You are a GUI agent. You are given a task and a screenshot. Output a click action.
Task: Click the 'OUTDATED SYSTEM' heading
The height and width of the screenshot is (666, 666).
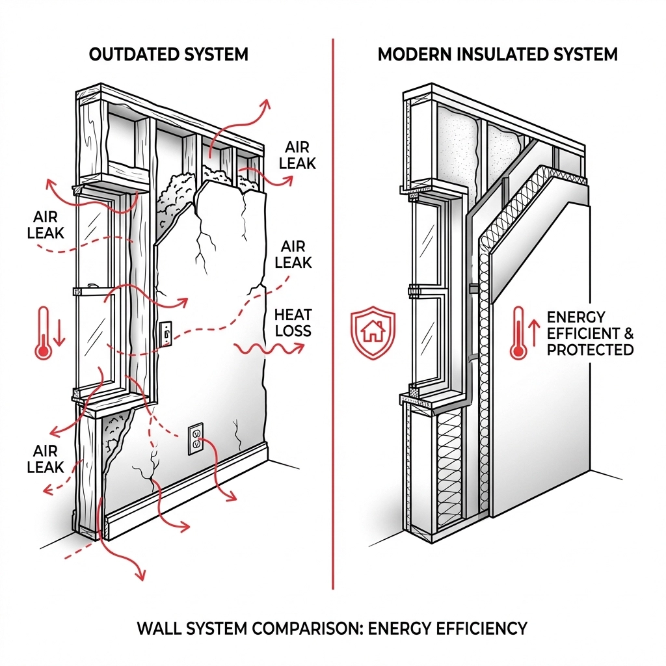pyautogui.click(x=168, y=55)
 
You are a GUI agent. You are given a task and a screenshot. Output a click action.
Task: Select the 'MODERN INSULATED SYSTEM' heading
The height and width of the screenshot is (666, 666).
pyautogui.click(x=498, y=55)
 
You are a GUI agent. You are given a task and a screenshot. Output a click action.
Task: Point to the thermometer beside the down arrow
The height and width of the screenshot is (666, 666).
pyautogui.click(x=44, y=333)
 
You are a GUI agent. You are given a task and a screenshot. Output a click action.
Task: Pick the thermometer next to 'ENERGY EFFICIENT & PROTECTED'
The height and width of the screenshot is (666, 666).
pyautogui.click(x=516, y=333)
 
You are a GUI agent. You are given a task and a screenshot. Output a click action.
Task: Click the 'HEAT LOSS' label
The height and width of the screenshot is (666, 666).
pyautogui.click(x=293, y=323)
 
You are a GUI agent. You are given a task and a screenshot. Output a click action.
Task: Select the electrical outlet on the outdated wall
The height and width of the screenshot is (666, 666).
pyautogui.click(x=196, y=439)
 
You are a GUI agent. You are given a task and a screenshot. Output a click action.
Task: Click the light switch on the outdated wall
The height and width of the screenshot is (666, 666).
pyautogui.click(x=166, y=334)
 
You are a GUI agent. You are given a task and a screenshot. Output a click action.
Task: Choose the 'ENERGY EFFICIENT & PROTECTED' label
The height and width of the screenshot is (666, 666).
pyautogui.click(x=589, y=334)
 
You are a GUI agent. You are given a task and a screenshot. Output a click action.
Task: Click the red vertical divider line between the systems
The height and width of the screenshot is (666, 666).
pyautogui.click(x=333, y=313)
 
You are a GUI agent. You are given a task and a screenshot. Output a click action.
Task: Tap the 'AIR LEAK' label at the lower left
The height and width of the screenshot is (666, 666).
pyautogui.click(x=46, y=459)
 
